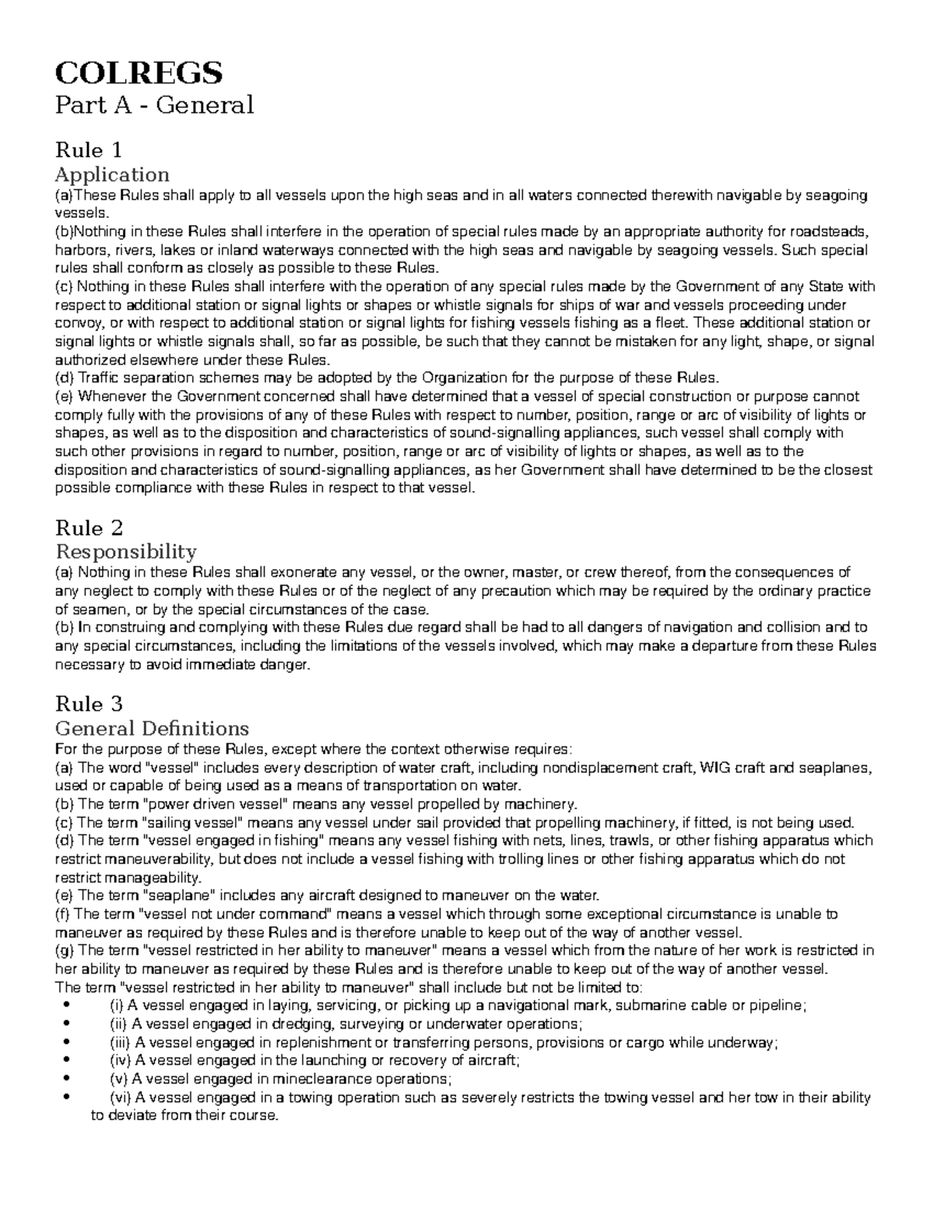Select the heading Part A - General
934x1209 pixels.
pos(154,104)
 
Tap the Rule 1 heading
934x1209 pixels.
pos(88,149)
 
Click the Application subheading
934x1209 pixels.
pos(111,174)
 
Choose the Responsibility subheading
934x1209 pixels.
pos(125,552)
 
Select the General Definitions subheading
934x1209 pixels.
pos(152,729)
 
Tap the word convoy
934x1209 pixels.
pos(75,323)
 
